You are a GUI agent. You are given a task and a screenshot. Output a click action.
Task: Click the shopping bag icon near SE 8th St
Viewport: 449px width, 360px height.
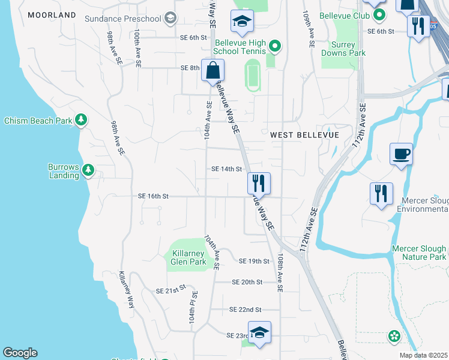pos(213,71)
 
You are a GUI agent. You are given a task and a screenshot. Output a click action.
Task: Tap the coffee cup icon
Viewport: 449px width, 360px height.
pos(401,154)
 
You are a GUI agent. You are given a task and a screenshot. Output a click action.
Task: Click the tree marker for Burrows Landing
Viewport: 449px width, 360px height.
pos(88,170)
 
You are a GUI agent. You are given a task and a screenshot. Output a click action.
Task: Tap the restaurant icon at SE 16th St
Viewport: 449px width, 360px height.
pos(259,184)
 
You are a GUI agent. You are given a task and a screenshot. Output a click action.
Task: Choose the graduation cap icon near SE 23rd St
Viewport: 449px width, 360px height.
pos(259,332)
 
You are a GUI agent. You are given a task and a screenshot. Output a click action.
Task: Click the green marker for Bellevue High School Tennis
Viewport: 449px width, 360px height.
pos(274,46)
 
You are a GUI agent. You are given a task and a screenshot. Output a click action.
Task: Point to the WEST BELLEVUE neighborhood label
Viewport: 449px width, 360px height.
pos(304,135)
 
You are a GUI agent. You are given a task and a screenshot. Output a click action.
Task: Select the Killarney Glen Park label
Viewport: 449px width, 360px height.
pos(188,257)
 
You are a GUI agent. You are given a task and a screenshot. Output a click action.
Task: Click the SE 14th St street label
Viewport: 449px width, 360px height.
pos(226,169)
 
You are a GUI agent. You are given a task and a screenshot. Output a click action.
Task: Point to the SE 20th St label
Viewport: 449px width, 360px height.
pos(247,281)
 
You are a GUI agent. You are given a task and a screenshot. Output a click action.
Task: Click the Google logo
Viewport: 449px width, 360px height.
pos(20,353)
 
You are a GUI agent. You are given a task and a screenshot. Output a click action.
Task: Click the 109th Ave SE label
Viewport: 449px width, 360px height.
pos(309,30)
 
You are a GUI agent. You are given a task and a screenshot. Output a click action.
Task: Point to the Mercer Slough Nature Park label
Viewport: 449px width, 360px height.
pos(419,253)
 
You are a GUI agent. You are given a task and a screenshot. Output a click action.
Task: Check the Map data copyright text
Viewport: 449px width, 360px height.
pos(424,355)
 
